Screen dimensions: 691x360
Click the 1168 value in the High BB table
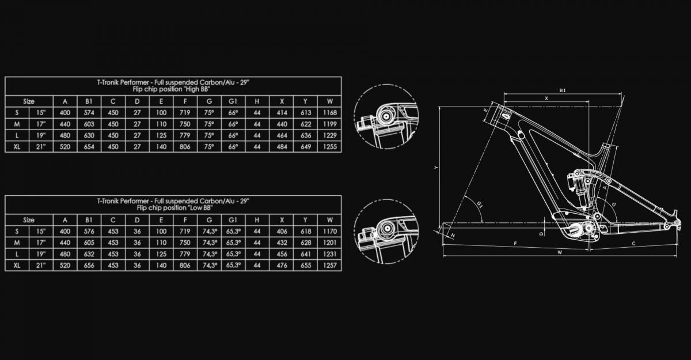(330, 112)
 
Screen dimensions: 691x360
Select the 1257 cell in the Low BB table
(330, 266)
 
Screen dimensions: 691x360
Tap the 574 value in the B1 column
(89, 112)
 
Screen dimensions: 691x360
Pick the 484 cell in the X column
(282, 146)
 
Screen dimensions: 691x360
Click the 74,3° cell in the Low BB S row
(210, 232)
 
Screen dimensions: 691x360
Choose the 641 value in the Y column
(306, 254)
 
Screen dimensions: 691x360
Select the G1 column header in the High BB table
(233, 101)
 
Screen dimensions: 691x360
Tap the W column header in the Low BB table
(330, 220)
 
